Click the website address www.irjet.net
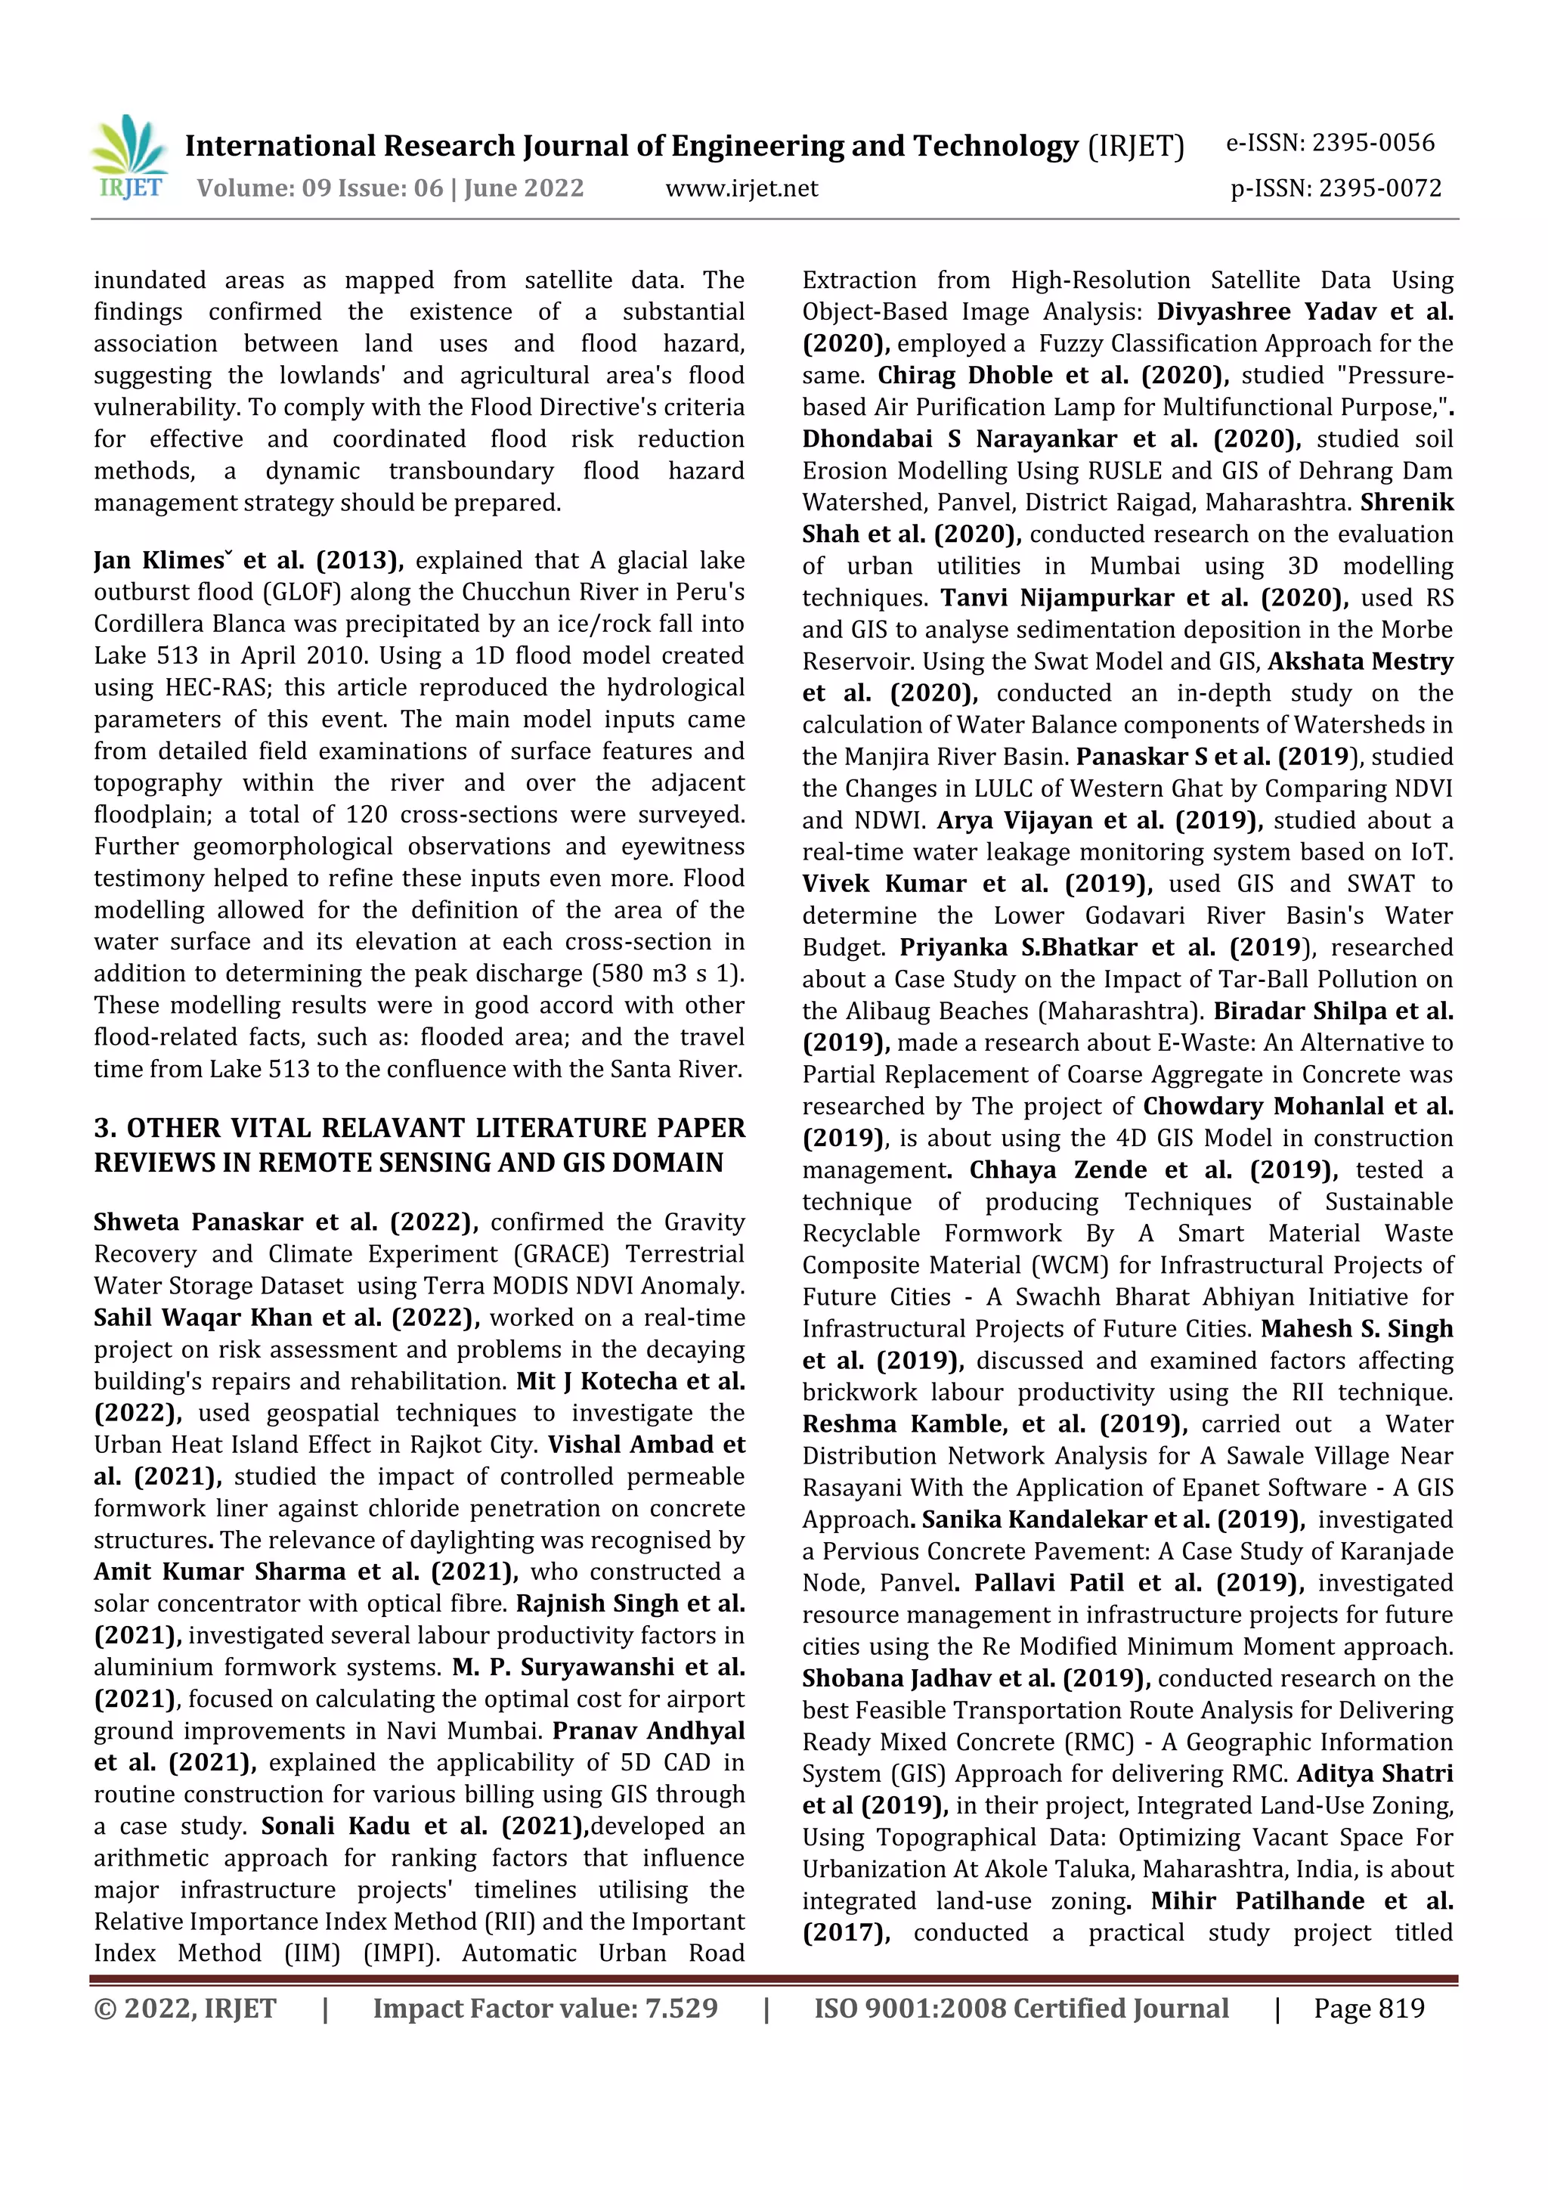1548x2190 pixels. point(741,189)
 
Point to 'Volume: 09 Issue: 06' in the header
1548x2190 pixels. point(320,189)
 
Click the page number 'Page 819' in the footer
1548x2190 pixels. point(1369,2009)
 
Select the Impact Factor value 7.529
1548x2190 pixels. point(681,2009)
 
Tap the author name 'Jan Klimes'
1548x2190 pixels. point(163,561)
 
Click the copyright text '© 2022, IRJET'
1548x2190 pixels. point(185,2009)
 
